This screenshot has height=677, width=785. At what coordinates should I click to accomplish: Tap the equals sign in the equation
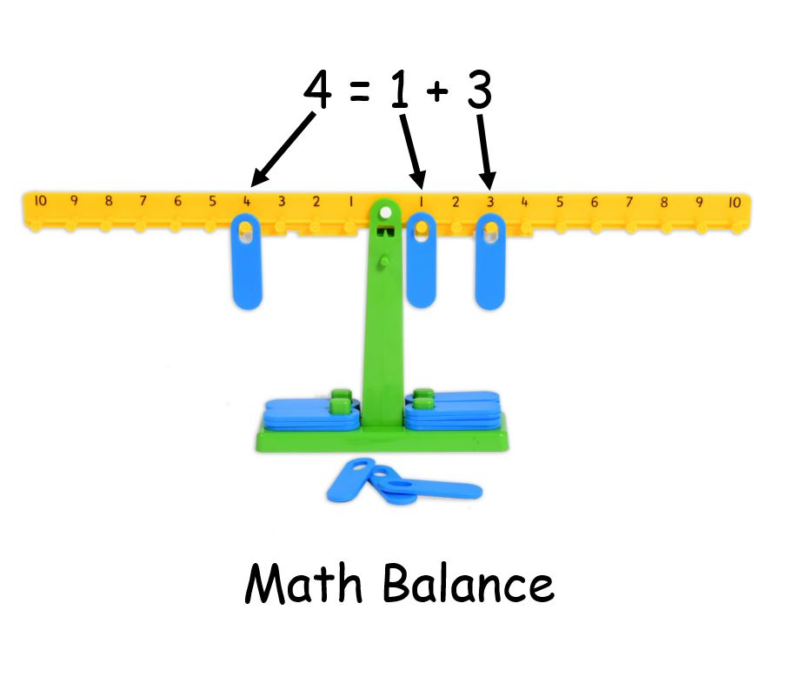tap(359, 92)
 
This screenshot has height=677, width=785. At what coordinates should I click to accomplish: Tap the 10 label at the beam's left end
tap(40, 201)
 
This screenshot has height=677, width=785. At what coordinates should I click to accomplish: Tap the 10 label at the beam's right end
tap(735, 203)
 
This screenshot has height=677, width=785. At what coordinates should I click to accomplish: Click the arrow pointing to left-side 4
tap(282, 150)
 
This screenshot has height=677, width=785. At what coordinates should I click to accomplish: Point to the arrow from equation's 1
tap(412, 151)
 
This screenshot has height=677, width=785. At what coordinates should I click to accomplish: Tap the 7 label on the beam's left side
tap(143, 201)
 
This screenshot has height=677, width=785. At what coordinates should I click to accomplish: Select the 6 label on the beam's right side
tap(595, 203)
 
